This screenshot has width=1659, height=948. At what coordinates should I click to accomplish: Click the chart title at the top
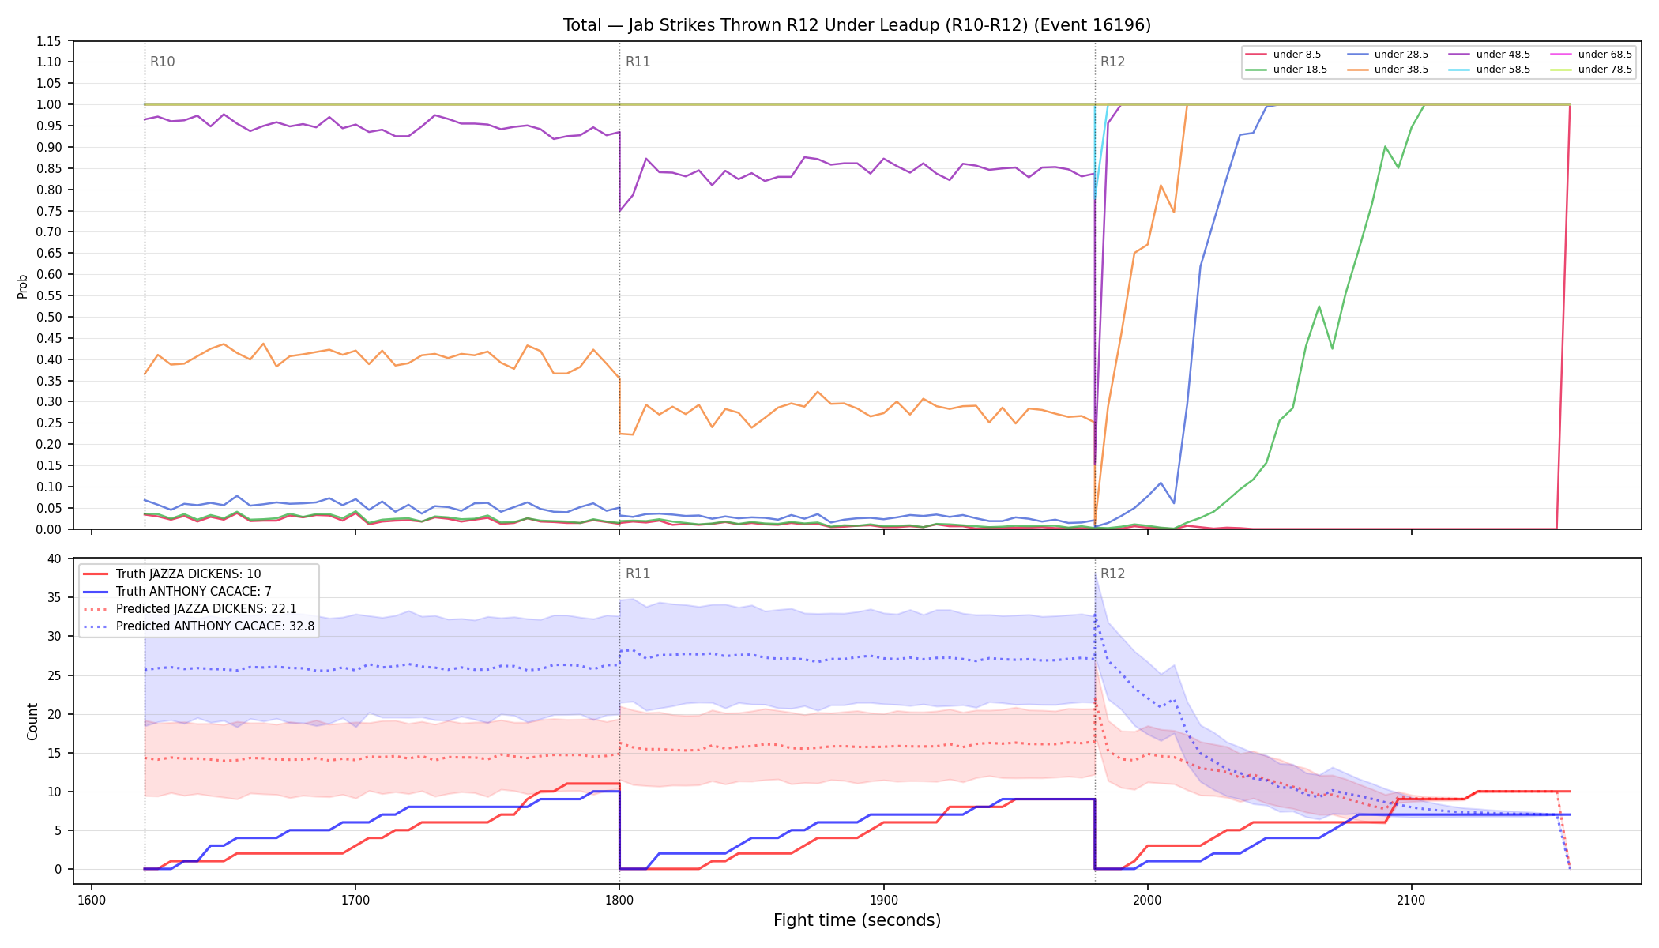(857, 25)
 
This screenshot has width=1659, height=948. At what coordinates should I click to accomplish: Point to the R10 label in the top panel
(163, 62)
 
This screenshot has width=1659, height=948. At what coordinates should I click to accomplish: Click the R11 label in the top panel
(638, 62)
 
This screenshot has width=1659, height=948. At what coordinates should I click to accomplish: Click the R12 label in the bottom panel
(1113, 574)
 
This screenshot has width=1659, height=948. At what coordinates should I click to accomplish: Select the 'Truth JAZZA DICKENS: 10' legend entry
(188, 574)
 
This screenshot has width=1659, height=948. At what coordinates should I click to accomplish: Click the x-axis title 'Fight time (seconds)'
(857, 920)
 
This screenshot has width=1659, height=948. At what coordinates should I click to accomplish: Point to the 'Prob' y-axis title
(22, 286)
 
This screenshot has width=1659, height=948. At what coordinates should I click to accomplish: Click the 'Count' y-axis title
(32, 721)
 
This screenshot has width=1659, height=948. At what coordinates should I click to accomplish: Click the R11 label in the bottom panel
(638, 574)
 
